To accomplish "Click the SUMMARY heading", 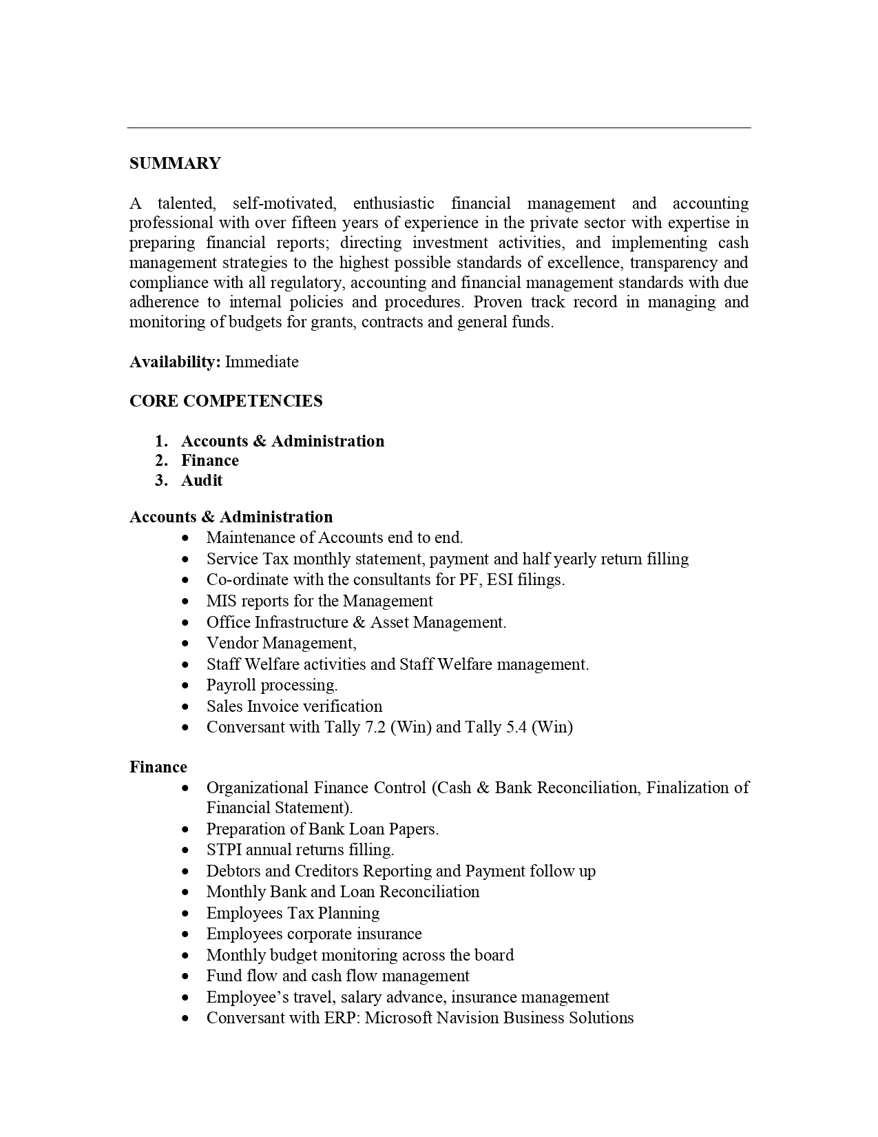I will [x=175, y=163].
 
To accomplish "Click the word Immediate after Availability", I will [x=262, y=362].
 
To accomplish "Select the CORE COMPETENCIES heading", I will [x=226, y=401].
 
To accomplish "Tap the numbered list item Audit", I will [x=202, y=480].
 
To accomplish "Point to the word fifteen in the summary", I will [x=315, y=223].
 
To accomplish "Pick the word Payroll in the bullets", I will [x=231, y=685].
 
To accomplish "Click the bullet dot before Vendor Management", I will [x=185, y=644].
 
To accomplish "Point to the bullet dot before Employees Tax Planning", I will [x=185, y=914].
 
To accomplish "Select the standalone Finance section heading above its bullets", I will [x=158, y=767].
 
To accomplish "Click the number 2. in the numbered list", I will [x=162, y=460].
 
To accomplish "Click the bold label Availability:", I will [x=175, y=362].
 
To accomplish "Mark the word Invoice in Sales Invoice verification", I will [x=275, y=706].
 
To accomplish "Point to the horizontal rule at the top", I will [x=439, y=127].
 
